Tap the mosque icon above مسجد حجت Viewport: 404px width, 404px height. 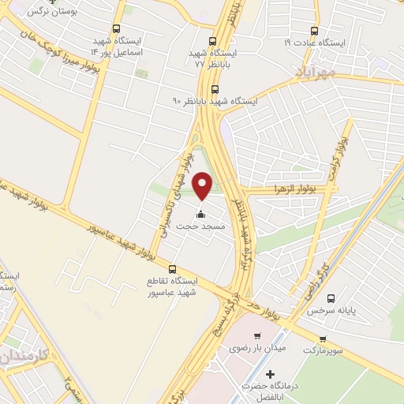(x=200, y=214)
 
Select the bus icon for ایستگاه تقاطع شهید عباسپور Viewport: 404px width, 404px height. (x=173, y=268)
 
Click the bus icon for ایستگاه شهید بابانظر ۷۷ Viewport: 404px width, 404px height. (x=212, y=42)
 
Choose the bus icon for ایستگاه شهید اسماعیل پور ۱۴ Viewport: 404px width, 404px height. (x=117, y=29)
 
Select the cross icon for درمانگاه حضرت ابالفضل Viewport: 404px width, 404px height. (x=271, y=373)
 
